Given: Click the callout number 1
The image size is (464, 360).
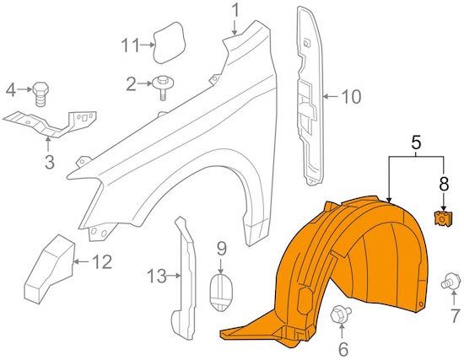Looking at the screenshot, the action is tap(235, 11).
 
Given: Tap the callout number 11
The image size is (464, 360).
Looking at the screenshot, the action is tap(130, 46).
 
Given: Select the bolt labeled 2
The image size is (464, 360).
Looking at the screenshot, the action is tap(163, 88).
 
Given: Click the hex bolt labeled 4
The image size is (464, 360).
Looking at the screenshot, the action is tap(40, 94).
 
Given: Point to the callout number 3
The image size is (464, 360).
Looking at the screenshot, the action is tap(50, 162).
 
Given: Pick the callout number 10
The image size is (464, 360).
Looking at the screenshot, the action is tap(351, 96).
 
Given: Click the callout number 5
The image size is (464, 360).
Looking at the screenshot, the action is tap(416, 142).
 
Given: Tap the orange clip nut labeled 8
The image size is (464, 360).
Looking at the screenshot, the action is tap(442, 219).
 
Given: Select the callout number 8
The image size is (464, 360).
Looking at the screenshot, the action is tap(444, 184).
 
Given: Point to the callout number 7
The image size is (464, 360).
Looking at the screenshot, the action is tap(455, 315).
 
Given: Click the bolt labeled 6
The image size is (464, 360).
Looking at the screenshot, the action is tap(340, 315).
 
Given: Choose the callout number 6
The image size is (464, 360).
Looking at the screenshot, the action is tap(343, 350).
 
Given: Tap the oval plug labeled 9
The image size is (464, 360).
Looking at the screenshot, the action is tap(221, 292).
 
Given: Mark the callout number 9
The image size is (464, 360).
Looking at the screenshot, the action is tap(222, 249).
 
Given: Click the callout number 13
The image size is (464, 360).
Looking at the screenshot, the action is tap(157, 277).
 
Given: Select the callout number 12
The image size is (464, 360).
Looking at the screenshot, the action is tap(102, 262).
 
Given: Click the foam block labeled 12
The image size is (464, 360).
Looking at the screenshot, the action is tap(50, 269).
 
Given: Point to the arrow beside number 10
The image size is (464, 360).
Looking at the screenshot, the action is tap(331, 96).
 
